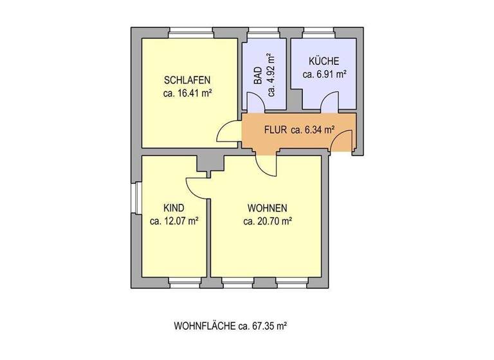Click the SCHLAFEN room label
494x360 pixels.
tap(188, 80)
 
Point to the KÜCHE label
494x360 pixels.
tap(324, 62)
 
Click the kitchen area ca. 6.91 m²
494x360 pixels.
tap(325, 74)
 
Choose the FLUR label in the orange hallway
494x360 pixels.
tap(275, 129)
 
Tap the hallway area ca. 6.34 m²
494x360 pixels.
tap(313, 129)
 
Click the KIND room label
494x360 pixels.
tap(174, 208)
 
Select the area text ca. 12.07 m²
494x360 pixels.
tap(174, 221)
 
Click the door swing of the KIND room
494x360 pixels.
tap(196, 188)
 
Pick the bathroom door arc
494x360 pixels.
tap(255, 103)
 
